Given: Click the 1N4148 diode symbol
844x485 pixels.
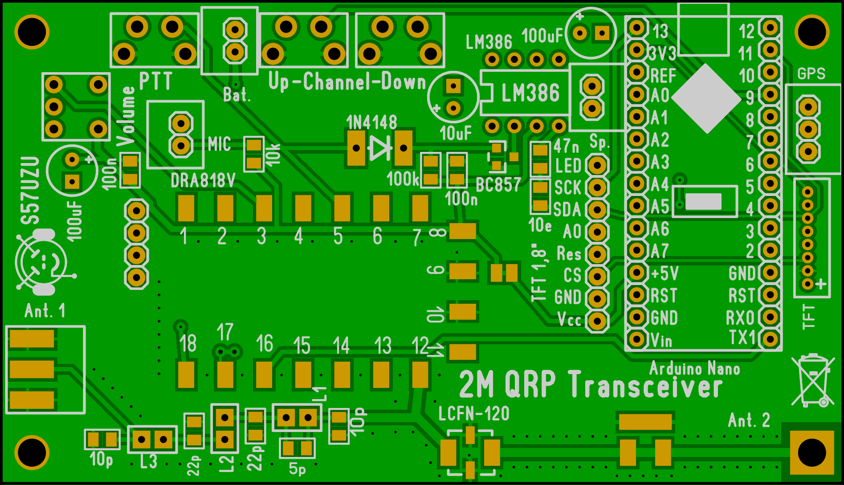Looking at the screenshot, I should coord(380,147).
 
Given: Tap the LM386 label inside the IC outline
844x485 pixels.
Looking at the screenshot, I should coord(530,93).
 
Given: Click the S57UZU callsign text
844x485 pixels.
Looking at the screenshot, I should coord(31,191).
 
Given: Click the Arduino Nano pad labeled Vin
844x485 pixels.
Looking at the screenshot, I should coord(637,339).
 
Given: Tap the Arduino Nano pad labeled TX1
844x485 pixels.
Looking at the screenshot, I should coord(770,339).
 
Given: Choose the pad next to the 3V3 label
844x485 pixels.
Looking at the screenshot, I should coord(637,50).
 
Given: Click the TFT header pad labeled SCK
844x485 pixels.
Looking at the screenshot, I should coord(597,187).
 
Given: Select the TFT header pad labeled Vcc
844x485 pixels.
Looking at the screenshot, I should coord(597,321).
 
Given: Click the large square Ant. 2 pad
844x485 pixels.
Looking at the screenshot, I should coord(811,453).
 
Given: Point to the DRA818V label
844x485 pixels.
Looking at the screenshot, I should coord(203,181).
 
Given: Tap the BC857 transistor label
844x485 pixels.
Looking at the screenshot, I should coord(498,185).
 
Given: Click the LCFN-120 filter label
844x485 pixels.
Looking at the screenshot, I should coord(474,414).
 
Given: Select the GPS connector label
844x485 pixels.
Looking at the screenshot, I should coord(811,73).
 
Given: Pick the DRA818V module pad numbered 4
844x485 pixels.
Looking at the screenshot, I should coord(303,208).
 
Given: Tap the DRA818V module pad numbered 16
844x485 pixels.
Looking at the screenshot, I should coord(264,374).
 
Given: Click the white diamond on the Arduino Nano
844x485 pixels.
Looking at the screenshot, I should coord(706,98).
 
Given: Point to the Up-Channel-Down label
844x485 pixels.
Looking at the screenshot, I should coord(347,82).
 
